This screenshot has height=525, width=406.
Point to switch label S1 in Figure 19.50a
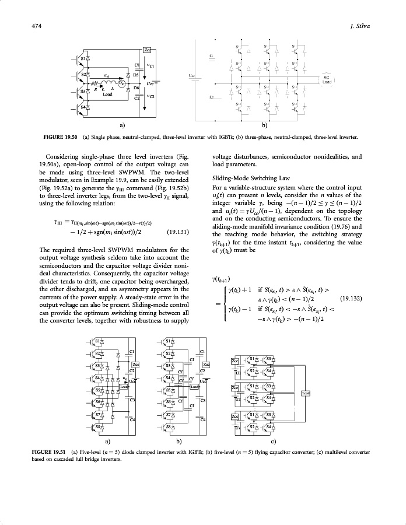coord(83,58)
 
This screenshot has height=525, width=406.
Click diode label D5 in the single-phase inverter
coord(136,75)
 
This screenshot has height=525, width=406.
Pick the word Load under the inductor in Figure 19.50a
coord(107,94)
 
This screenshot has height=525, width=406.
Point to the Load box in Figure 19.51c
coord(305,393)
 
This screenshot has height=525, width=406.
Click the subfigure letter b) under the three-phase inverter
coord(264,125)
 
